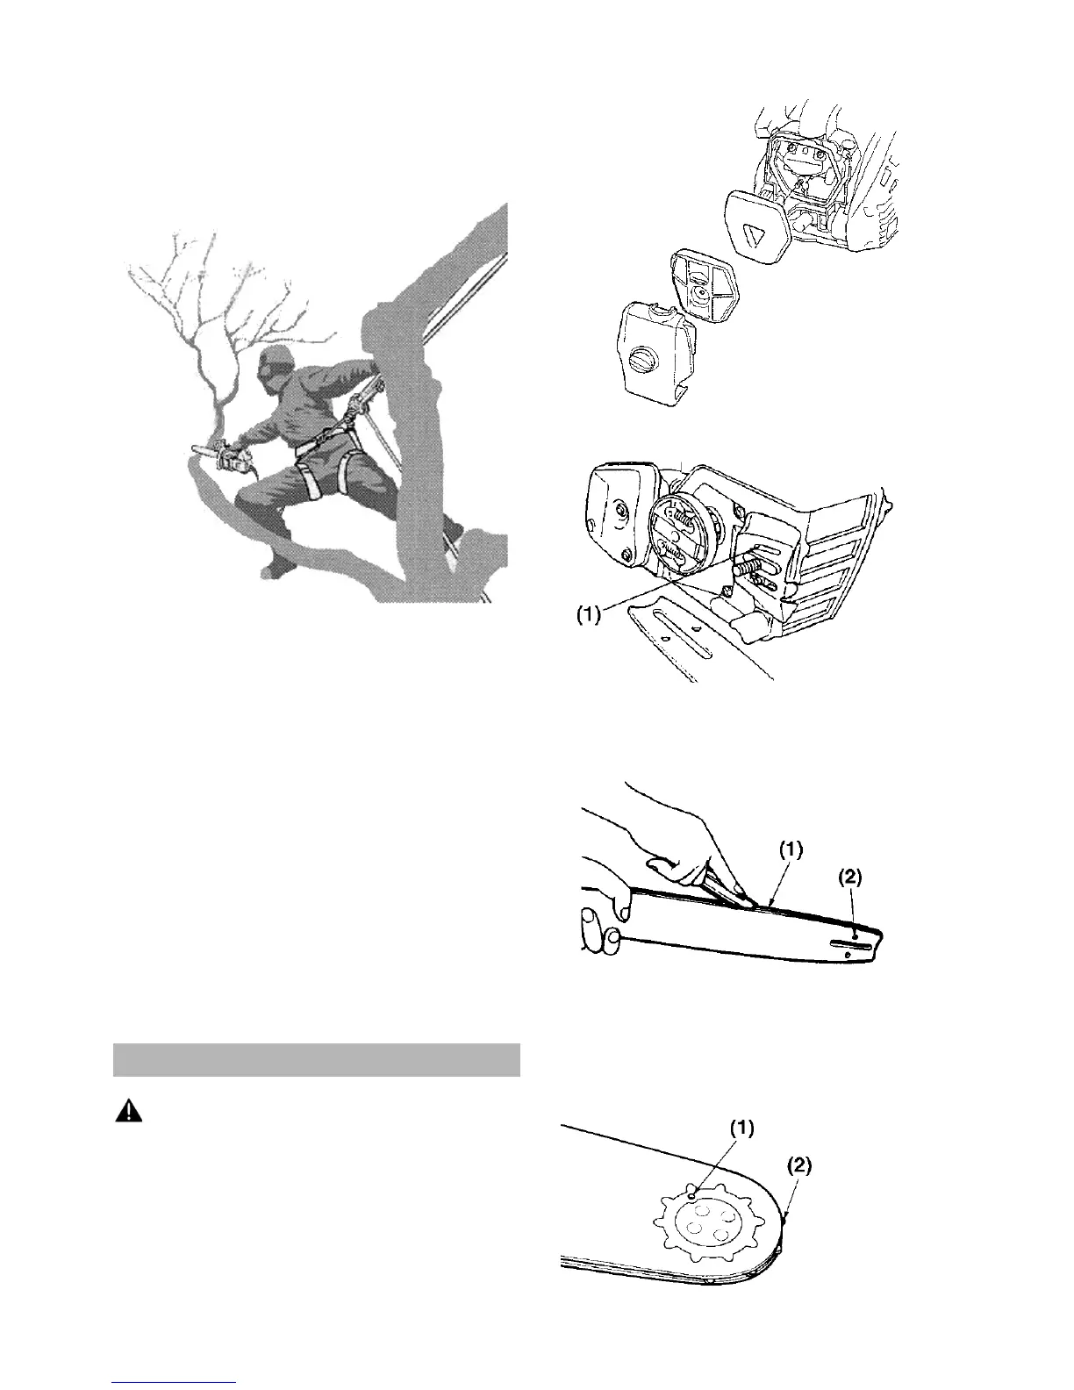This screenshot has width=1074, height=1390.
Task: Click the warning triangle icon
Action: pos(129,1111)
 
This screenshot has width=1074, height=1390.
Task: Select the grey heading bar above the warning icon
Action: pos(317,1059)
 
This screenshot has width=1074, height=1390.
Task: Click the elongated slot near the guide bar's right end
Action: pos(848,946)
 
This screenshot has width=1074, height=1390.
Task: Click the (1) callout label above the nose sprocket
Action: pos(741,1127)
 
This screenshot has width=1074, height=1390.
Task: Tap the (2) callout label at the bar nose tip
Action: pos(798,1166)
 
